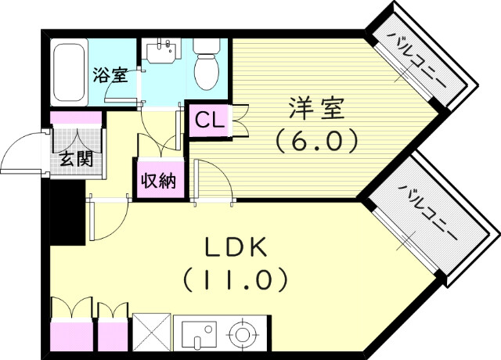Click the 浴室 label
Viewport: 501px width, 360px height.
tap(110, 76)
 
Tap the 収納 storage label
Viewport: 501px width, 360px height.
tap(157, 181)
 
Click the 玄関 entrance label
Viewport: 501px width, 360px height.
tap(76, 160)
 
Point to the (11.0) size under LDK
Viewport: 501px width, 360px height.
tap(236, 278)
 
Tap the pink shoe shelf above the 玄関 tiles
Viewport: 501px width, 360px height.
tap(76, 118)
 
